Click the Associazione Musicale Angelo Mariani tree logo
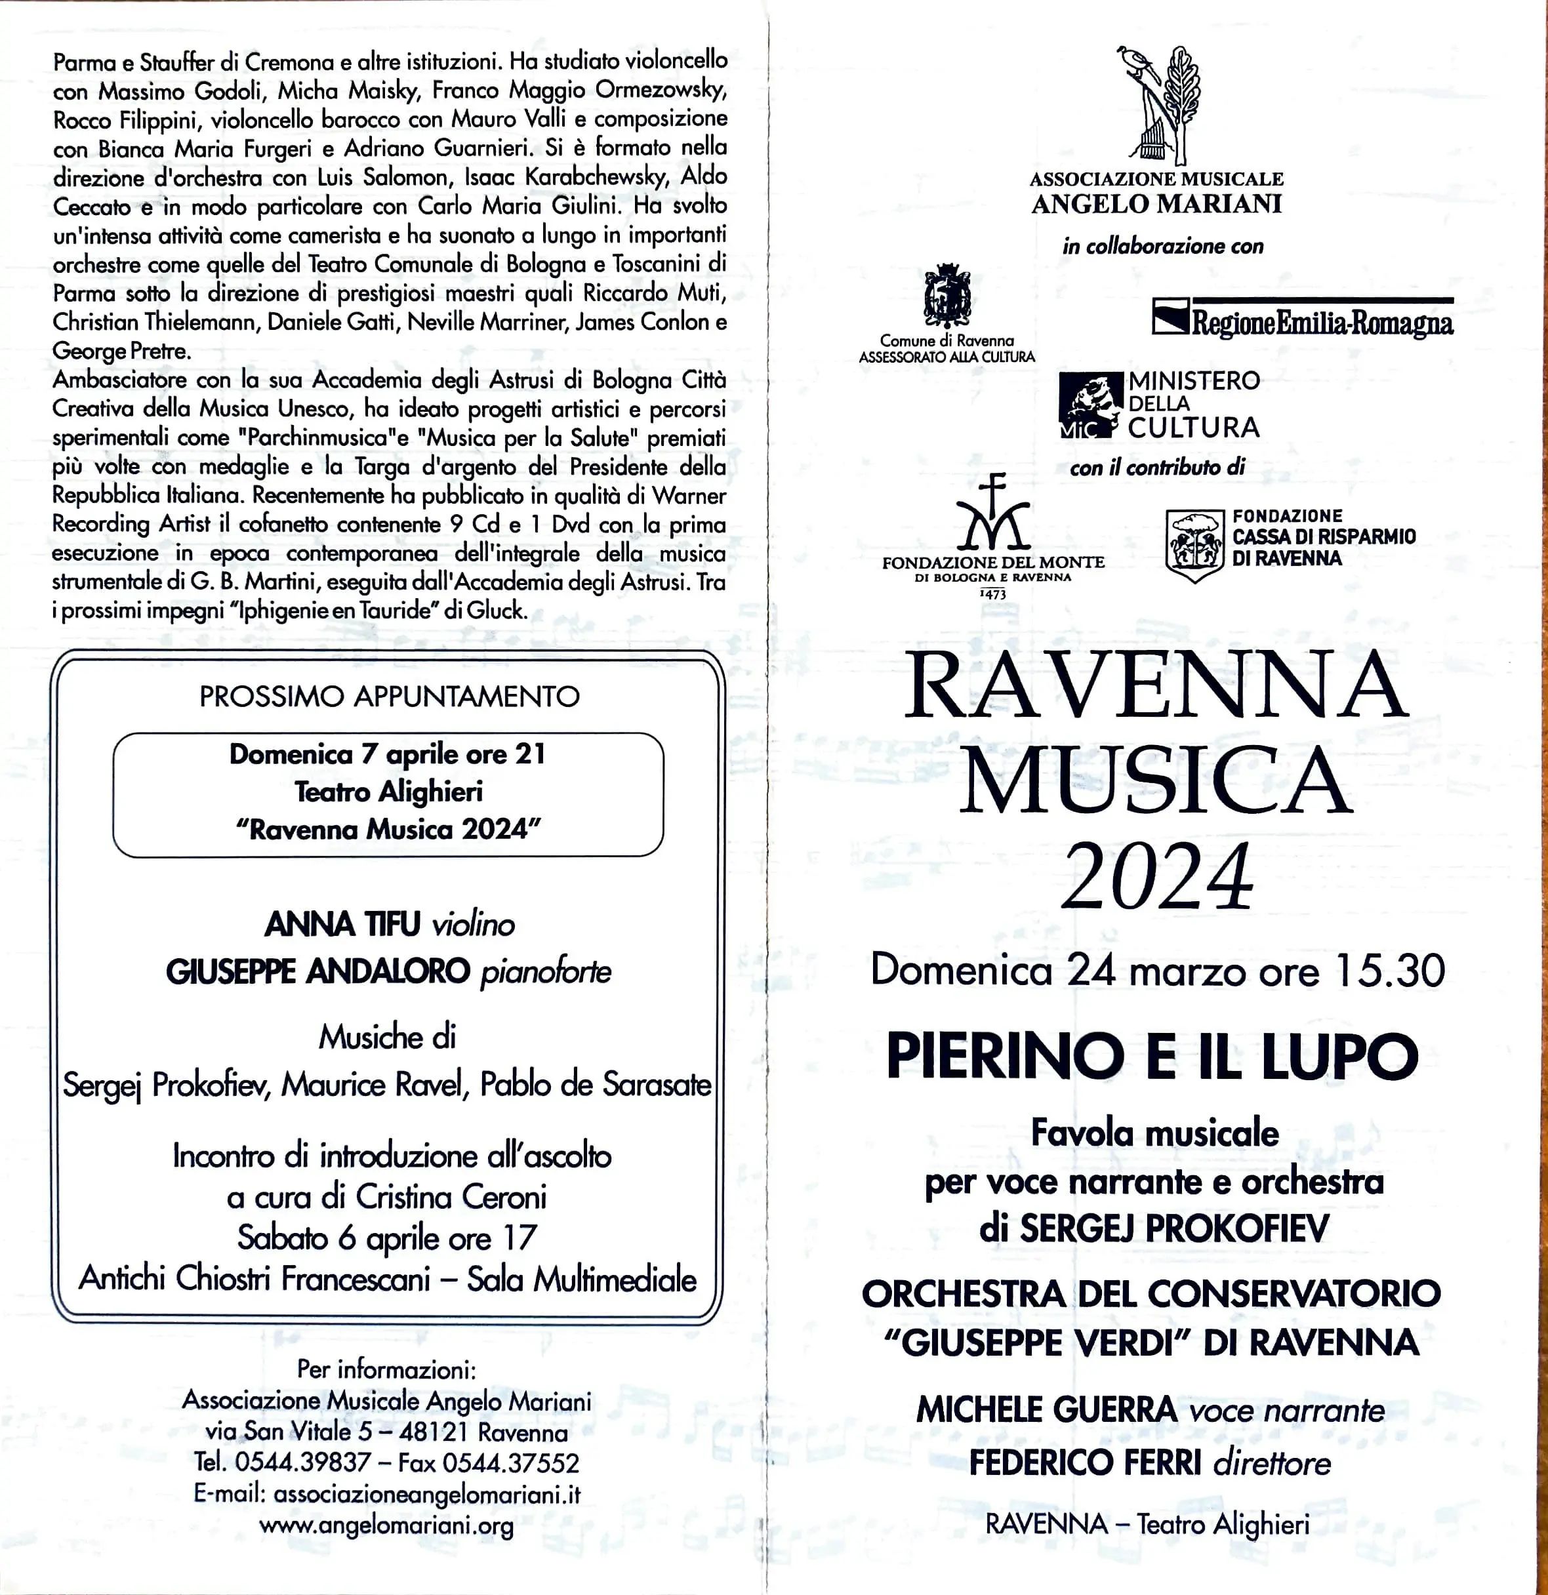tap(1158, 105)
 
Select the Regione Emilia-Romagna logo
tap(1302, 318)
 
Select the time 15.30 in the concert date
tap(1389, 971)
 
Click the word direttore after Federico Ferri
tap(1272, 1463)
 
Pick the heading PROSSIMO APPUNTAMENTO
tap(389, 697)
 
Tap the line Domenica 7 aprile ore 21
tap(388, 754)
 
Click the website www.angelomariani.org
tap(386, 1525)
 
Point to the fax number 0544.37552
tap(510, 1463)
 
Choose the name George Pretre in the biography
tap(122, 352)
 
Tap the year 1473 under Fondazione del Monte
tap(993, 594)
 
